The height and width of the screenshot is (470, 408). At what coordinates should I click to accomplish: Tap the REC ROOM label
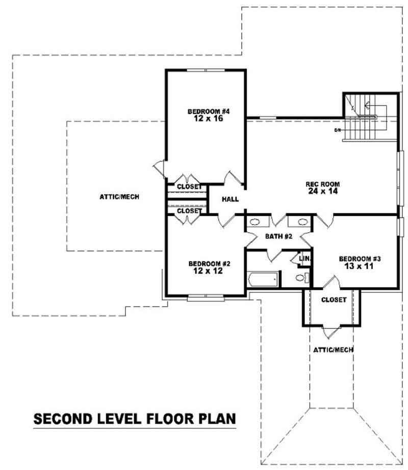(x=322, y=184)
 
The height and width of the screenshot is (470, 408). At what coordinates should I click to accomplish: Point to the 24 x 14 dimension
(x=322, y=191)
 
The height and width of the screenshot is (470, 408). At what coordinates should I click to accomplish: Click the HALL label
(x=230, y=200)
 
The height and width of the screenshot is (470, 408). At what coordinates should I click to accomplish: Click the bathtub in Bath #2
(x=263, y=279)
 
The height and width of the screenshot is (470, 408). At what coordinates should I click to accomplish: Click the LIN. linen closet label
(x=305, y=259)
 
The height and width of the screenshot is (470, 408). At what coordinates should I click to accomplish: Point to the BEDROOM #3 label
(x=360, y=259)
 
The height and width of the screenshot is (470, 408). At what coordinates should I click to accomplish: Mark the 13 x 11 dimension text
(x=360, y=266)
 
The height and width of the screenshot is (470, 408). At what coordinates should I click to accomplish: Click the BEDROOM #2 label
(x=209, y=263)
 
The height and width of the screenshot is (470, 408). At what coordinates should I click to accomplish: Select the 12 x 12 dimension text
(x=209, y=271)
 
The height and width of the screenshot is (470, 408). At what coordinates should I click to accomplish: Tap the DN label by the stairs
(x=337, y=130)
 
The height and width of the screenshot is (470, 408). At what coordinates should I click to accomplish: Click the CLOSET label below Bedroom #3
(x=334, y=300)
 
